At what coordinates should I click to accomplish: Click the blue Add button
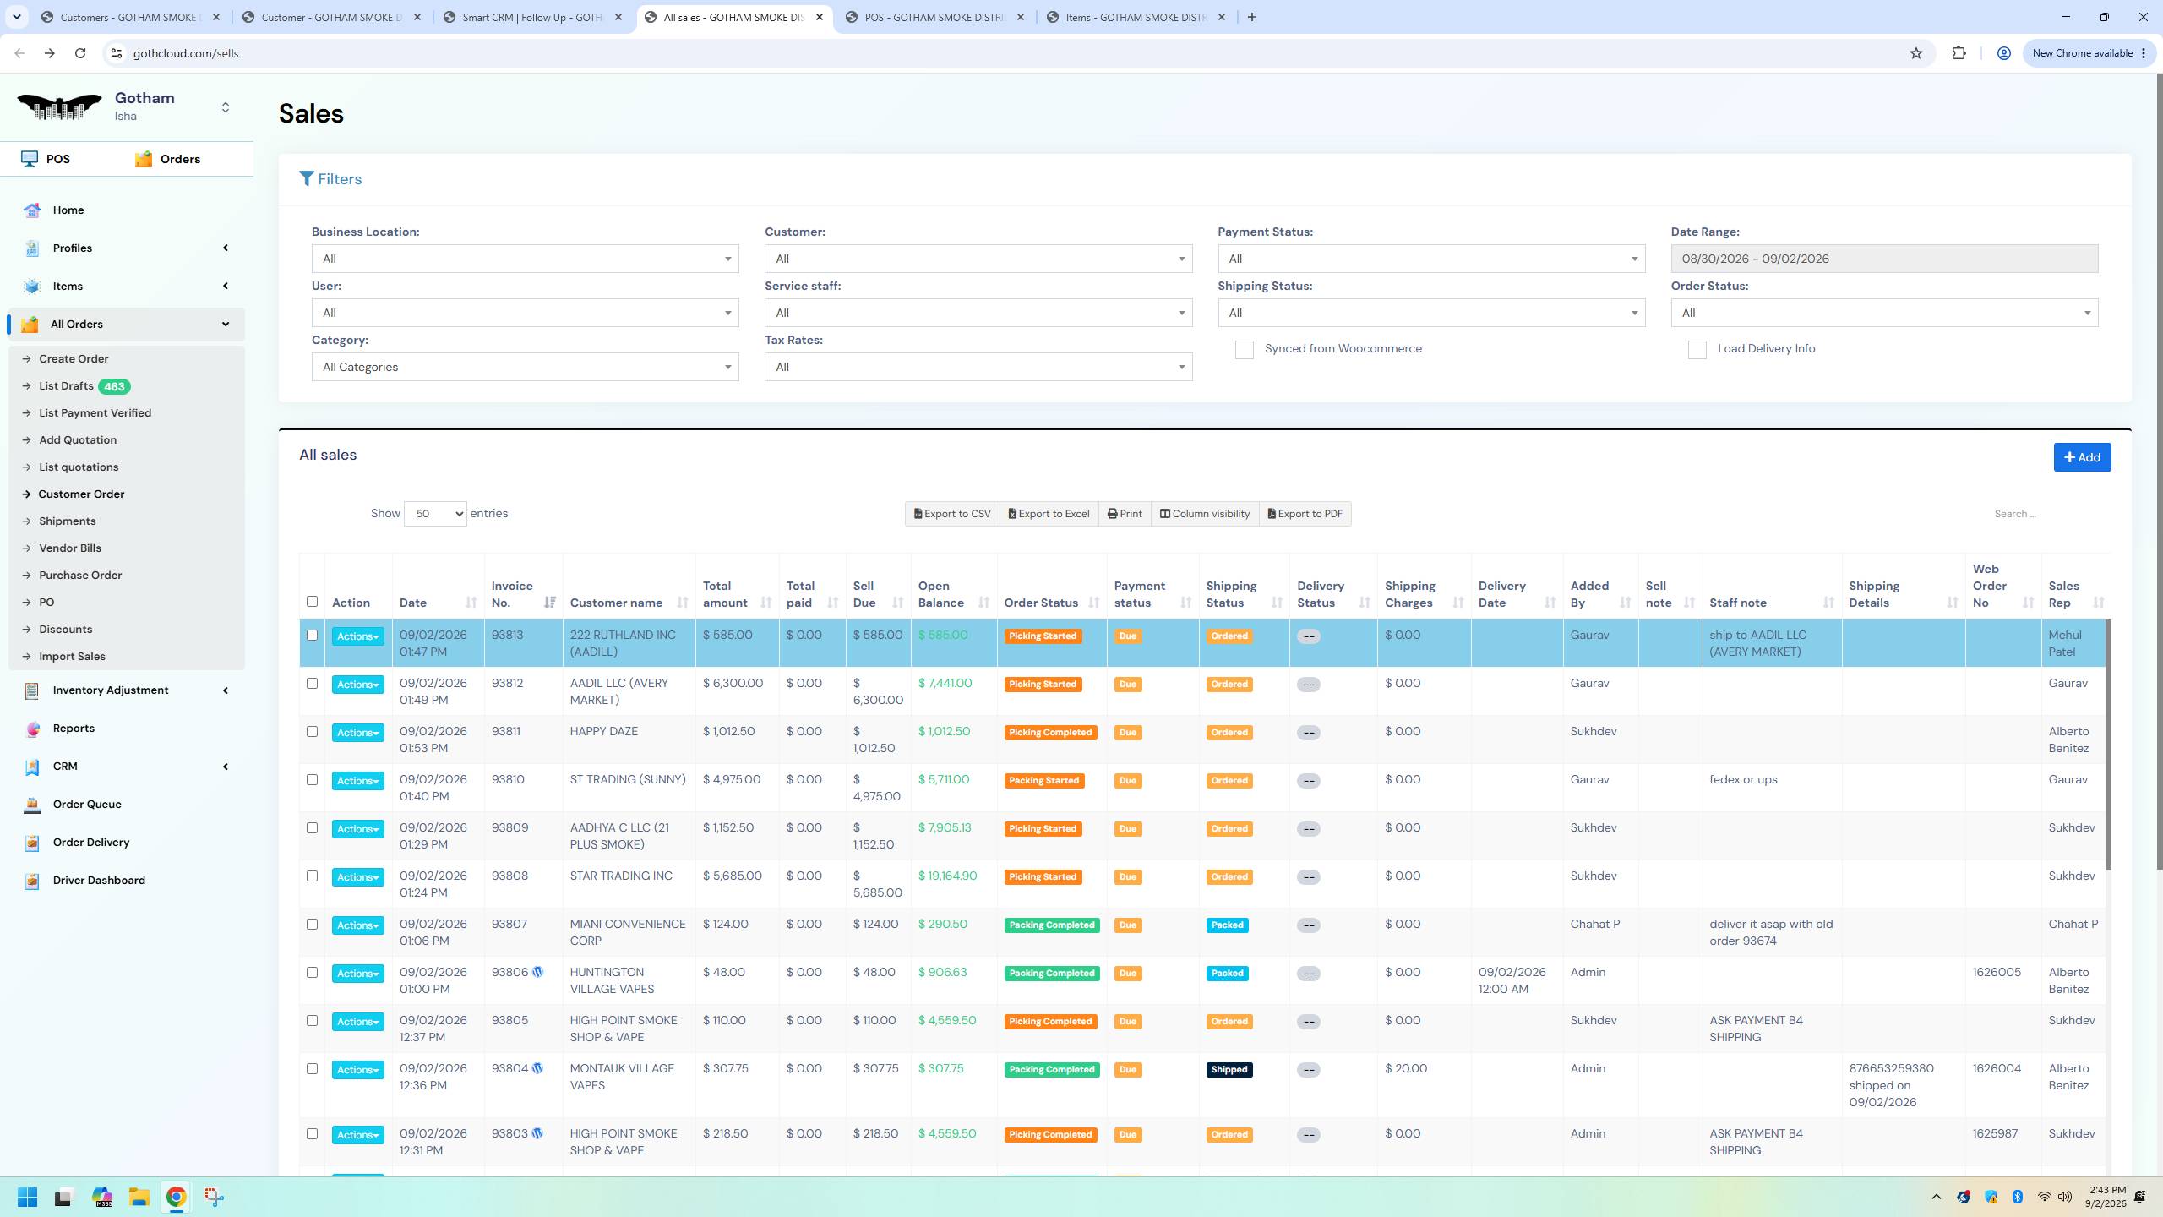click(x=2082, y=457)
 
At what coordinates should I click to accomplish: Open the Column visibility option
click(x=1205, y=514)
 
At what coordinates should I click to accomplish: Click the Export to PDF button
click(x=1305, y=514)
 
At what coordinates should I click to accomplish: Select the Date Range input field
click(x=1884, y=259)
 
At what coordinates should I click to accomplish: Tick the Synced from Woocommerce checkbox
click(x=1244, y=350)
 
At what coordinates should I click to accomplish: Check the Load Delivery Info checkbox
click(x=1697, y=350)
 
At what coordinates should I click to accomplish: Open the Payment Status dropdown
click(x=1431, y=259)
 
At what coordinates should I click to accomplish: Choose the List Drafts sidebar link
click(x=66, y=386)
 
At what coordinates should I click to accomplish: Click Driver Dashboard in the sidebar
click(x=99, y=881)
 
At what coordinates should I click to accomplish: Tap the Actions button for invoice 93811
click(x=357, y=733)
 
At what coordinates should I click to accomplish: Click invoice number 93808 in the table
click(x=509, y=876)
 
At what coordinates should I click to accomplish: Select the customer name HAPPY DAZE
click(x=604, y=731)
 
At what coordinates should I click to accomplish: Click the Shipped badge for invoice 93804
click(x=1229, y=1070)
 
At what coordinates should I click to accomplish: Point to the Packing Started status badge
click(x=1043, y=781)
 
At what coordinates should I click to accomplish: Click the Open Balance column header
click(x=941, y=594)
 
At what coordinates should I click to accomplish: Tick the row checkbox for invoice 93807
click(x=312, y=925)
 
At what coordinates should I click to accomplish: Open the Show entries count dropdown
click(x=435, y=514)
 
